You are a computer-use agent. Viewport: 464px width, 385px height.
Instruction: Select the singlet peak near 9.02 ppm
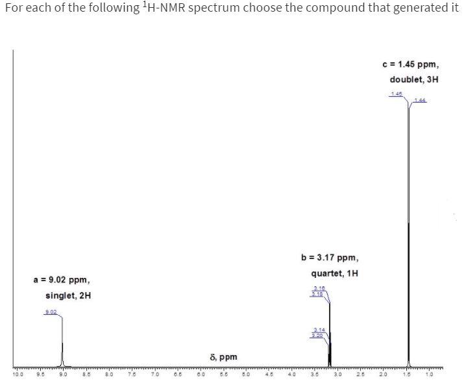click(x=62, y=354)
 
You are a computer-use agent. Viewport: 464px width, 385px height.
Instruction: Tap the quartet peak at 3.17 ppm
click(x=330, y=338)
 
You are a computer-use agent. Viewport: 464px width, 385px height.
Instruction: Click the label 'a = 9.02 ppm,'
click(x=62, y=280)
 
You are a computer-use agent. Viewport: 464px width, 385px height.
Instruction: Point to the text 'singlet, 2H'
click(x=68, y=295)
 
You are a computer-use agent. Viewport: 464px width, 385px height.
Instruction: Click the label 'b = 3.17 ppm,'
click(x=330, y=258)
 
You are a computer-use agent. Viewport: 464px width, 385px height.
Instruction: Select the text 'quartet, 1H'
click(x=335, y=273)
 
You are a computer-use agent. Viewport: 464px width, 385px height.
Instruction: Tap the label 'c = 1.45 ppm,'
click(x=411, y=65)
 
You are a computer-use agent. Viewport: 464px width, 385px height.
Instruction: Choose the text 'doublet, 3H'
click(x=414, y=80)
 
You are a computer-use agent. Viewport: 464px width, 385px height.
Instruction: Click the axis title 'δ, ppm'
click(x=224, y=357)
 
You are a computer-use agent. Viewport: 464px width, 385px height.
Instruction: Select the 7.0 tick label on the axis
click(x=154, y=375)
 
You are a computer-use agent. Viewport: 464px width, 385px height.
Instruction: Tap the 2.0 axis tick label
click(x=383, y=375)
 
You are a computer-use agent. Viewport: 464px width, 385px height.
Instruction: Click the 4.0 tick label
click(x=291, y=375)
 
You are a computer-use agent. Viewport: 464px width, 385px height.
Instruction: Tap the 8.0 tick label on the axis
click(x=109, y=375)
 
